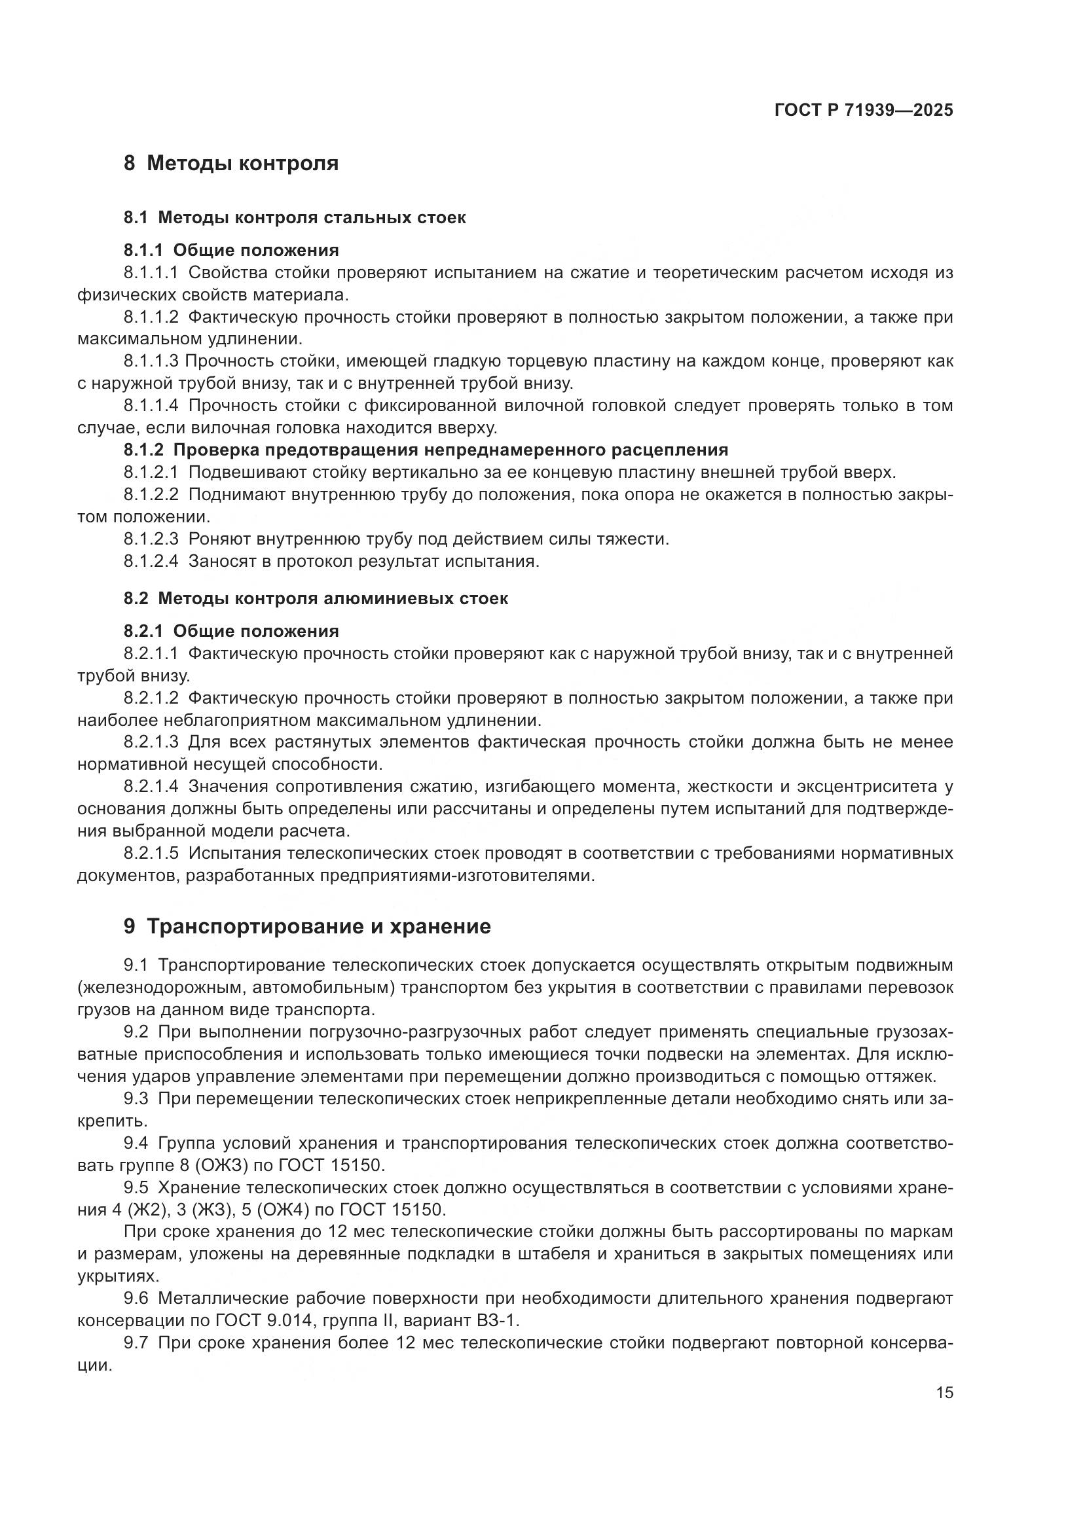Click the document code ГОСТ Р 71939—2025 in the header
[864, 111]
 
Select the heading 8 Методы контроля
[230, 164]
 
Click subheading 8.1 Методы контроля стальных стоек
[294, 217]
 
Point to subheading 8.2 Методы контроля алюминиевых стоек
[316, 598]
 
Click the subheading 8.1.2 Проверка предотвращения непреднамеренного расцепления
[426, 450]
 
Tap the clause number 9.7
[136, 1343]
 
